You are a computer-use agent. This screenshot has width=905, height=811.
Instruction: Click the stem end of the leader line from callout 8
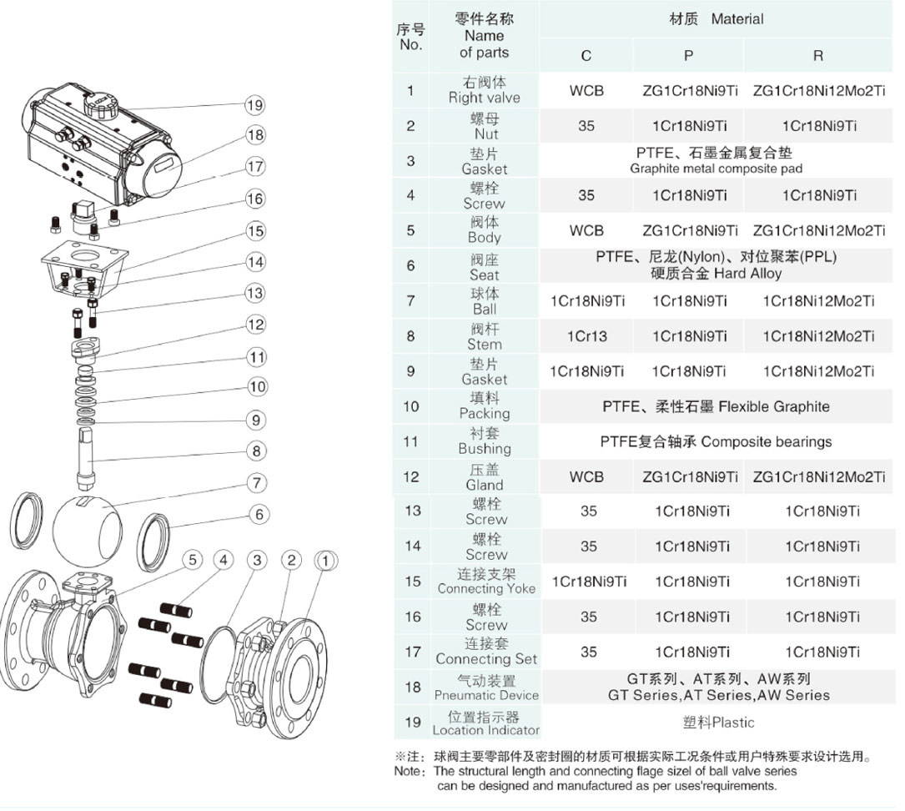93,461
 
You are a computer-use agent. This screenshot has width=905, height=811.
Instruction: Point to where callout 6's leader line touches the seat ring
168,526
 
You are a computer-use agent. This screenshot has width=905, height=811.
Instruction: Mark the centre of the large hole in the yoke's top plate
86,258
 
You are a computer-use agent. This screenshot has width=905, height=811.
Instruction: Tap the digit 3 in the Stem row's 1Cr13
603,336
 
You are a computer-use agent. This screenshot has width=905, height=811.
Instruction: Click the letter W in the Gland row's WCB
576,477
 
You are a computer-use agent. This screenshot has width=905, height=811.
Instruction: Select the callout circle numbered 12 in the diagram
256,325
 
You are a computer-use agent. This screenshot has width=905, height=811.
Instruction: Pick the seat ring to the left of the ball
27,519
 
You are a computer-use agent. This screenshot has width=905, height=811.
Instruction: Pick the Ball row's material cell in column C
587,301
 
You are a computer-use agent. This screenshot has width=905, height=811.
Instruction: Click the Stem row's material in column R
818,336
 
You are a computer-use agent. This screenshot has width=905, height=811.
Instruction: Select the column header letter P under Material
688,56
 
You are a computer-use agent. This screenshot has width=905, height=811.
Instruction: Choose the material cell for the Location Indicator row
718,722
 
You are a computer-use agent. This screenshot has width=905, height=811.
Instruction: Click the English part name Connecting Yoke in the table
486,589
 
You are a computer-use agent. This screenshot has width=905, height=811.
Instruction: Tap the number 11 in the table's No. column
410,442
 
